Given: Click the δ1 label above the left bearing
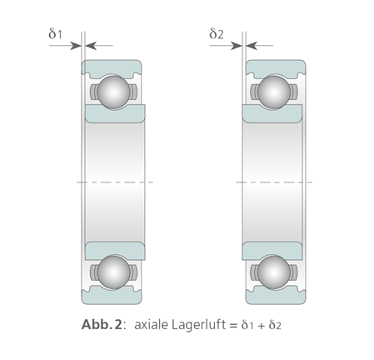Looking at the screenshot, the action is pyautogui.click(x=55, y=33).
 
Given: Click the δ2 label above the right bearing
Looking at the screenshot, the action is pyautogui.click(x=216, y=33).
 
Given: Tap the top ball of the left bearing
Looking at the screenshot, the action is pyautogui.click(x=113, y=92).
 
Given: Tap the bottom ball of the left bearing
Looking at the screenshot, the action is pyautogui.click(x=113, y=272).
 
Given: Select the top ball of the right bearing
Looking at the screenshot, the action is pyautogui.click(x=274, y=92).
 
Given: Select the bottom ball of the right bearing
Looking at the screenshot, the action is pyautogui.click(x=274, y=272).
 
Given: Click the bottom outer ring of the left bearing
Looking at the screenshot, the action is pyautogui.click(x=112, y=297).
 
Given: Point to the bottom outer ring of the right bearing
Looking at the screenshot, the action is pyautogui.click(x=276, y=297).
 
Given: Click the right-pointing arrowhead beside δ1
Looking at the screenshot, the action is pyautogui.click(x=75, y=46).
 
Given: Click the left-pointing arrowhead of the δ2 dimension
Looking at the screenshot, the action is pyautogui.click(x=252, y=46).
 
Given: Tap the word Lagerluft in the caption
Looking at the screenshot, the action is pyautogui.click(x=198, y=324).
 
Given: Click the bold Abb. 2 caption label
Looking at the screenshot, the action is pyautogui.click(x=102, y=324).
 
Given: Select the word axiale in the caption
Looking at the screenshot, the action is pyautogui.click(x=151, y=324).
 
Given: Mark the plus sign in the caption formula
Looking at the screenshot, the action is pyautogui.click(x=261, y=325).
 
